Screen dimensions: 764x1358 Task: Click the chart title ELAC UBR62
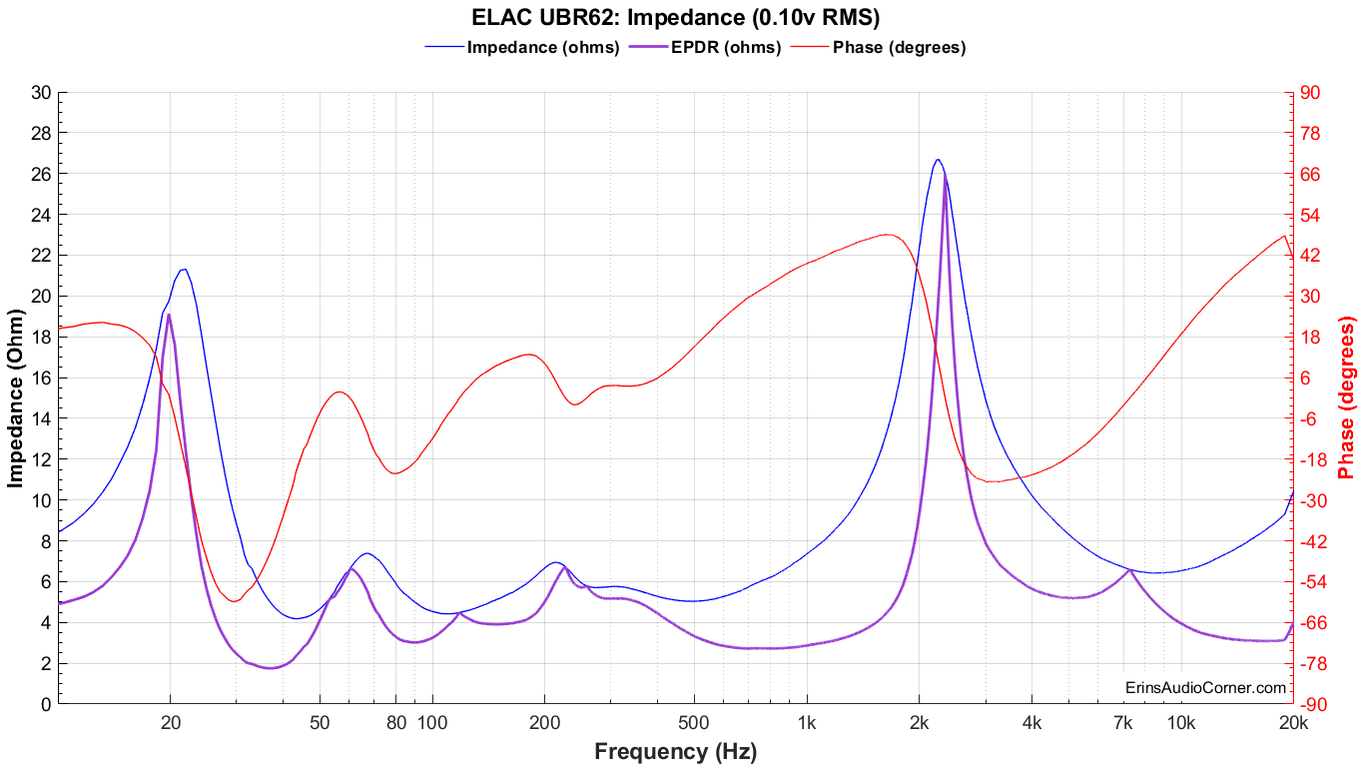coord(675,17)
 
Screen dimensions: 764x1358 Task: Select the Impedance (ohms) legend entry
coord(543,47)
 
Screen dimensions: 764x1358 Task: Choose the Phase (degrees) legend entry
coord(899,47)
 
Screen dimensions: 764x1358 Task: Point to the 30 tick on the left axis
coord(41,93)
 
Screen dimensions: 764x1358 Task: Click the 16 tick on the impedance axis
coord(41,378)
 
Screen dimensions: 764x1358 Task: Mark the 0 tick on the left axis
coord(46,704)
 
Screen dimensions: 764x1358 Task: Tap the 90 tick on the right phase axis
coord(1310,93)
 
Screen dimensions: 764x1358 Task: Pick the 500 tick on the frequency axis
coord(694,723)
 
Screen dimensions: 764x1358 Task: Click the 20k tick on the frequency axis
coord(1293,723)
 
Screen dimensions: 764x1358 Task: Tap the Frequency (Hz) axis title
coord(675,751)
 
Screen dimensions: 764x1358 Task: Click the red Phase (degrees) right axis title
coord(1347,398)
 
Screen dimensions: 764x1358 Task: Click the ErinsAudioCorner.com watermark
coord(1205,687)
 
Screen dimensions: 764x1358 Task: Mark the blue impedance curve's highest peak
coord(937,159)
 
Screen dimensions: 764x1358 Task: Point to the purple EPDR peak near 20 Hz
coord(169,315)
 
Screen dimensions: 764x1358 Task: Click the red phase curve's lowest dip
coord(234,601)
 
